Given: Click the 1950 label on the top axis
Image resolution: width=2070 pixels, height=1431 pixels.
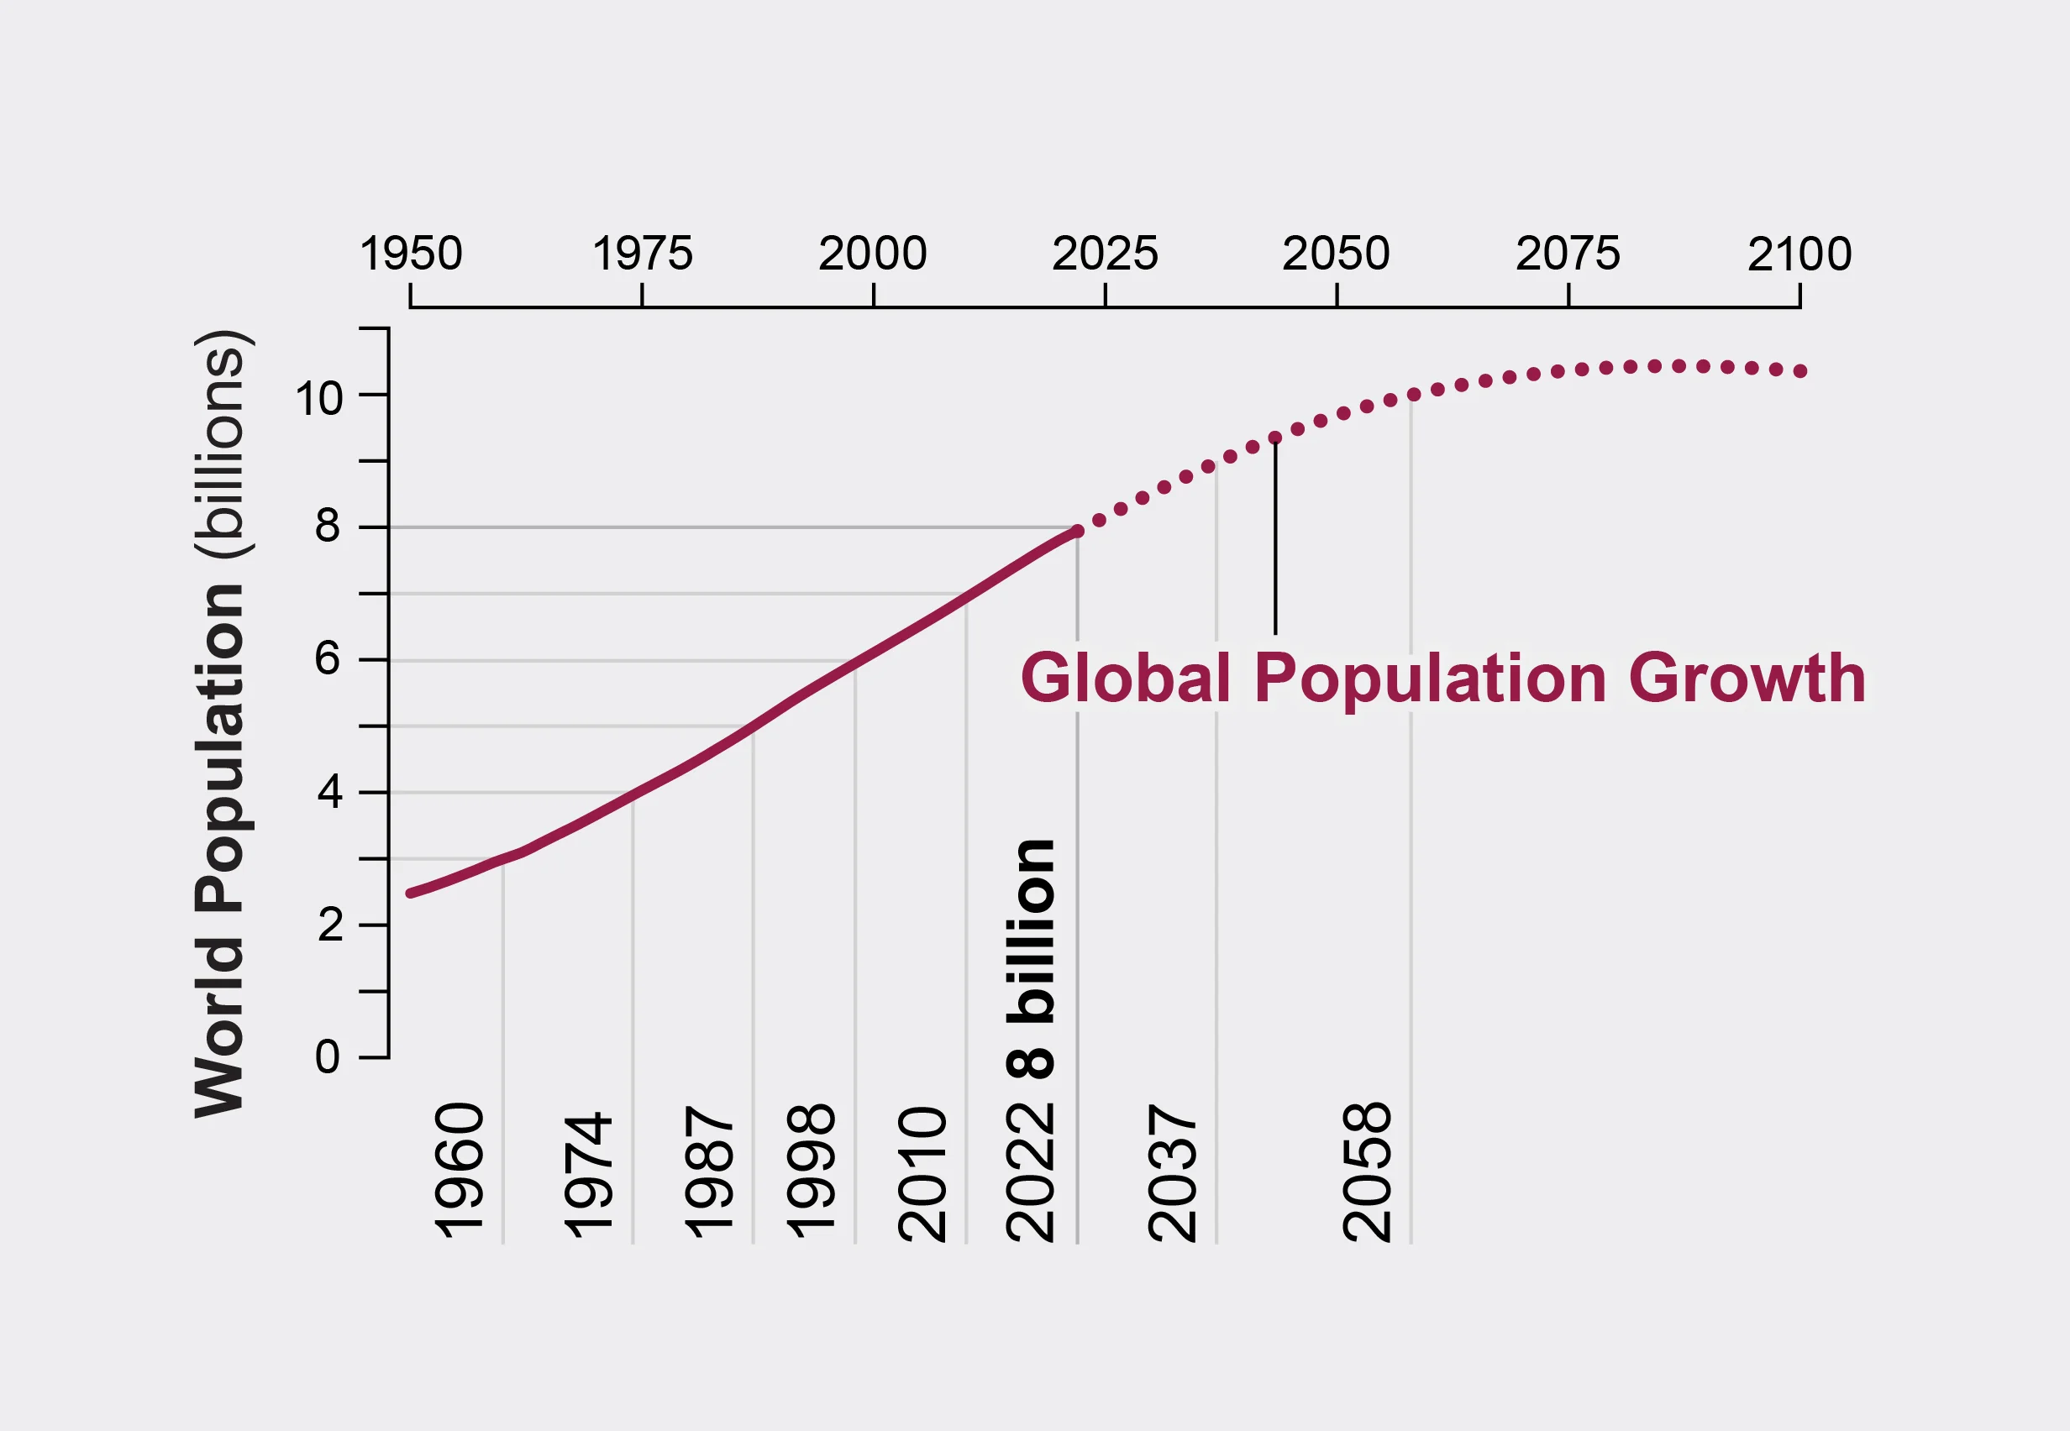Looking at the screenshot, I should coord(411,254).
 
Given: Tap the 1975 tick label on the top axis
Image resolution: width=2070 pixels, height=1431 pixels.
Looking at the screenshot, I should coord(642,254).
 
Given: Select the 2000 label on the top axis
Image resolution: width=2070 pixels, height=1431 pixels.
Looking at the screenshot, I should coord(873,254).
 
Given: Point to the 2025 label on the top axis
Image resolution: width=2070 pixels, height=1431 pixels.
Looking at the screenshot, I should coord(1104,254).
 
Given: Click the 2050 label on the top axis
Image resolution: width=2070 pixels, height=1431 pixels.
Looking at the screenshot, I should coord(1336,254).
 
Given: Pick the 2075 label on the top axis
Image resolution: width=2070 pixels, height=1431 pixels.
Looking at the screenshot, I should coord(1568,254).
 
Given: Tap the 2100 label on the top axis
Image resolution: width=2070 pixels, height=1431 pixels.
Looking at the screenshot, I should coord(1799,254).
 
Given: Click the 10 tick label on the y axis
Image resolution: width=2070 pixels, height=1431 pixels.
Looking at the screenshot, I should coord(318,399).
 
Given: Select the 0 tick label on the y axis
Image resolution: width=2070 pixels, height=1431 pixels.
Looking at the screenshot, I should coord(328,1057).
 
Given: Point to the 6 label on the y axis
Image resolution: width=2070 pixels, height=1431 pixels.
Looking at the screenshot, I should coord(328,659).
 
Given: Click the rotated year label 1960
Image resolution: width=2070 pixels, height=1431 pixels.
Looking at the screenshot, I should coord(460,1170).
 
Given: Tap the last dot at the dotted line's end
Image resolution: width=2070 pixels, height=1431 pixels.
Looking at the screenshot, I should coord(1800,371).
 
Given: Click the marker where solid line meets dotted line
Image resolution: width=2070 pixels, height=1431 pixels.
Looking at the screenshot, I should coord(1077,532).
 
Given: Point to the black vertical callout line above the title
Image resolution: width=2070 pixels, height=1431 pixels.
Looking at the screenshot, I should coord(1275,538).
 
